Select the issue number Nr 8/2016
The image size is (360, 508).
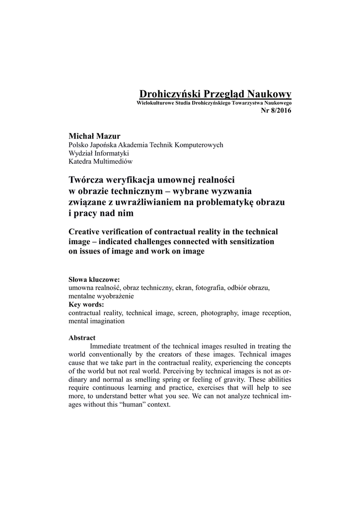pyautogui.click(x=276, y=110)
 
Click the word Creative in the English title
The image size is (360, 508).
pyautogui.click(x=87, y=232)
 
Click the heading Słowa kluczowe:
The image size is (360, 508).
pyautogui.click(x=94, y=279)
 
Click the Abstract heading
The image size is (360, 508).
pyautogui.click(x=81, y=338)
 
